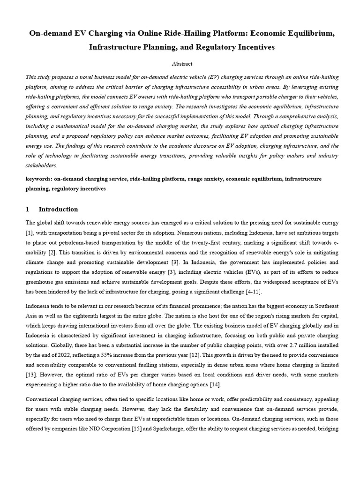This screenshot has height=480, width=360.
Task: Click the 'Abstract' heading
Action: (180, 63)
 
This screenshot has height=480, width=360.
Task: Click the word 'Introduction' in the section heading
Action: (58, 209)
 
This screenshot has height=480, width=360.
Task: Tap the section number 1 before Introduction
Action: (28, 209)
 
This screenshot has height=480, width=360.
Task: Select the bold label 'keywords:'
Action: (39, 179)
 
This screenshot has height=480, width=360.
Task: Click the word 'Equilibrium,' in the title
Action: (311, 34)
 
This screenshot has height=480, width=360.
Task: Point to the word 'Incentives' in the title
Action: (251, 47)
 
